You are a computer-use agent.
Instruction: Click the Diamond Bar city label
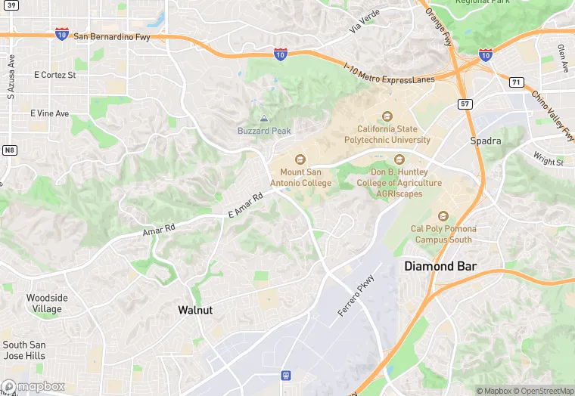pos(440,266)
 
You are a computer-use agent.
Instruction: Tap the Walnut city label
pos(195,310)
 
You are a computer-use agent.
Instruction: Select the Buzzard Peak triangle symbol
pos(264,119)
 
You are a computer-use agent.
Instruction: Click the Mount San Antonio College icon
pos(300,159)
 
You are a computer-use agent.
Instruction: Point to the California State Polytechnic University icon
pos(387,116)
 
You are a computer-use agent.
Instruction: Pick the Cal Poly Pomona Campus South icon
pos(443,216)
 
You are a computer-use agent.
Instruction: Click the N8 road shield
pos(9,150)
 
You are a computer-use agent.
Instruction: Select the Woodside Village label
pos(46,303)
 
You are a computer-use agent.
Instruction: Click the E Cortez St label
pos(55,75)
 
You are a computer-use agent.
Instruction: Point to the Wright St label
pos(548,159)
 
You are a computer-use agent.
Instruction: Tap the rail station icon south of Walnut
pos(286,375)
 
